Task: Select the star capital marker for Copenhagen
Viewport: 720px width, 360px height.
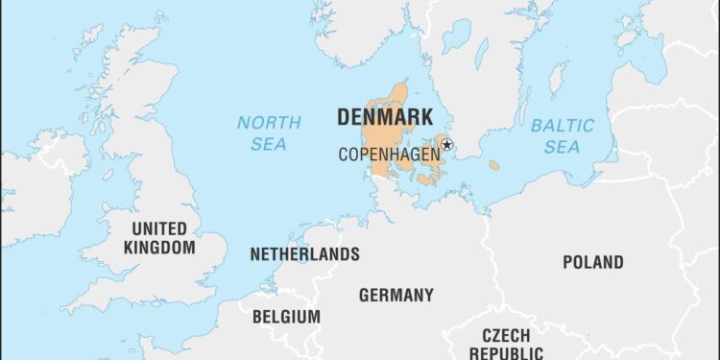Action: pos(446,145)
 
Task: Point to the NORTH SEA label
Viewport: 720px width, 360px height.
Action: pos(270,133)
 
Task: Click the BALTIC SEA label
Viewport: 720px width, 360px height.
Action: pos(563,136)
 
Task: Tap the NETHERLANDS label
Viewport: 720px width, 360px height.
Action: pos(304,254)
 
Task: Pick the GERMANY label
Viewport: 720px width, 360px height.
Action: pos(396,295)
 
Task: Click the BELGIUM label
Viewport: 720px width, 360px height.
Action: pos(286,316)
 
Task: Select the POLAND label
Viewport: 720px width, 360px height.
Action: pos(592,261)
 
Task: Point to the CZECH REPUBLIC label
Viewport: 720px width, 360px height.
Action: pos(506,344)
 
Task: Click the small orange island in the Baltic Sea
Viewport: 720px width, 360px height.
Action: pos(494,165)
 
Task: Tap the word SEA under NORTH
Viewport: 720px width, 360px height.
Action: pos(270,145)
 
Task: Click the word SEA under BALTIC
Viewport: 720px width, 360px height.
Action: pos(563,148)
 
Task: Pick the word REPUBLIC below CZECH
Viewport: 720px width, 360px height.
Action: pos(506,353)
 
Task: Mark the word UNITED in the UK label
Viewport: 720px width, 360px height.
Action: pos(159,228)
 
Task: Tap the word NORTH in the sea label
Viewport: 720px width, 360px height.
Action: pos(270,123)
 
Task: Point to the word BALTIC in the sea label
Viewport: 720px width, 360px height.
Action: pos(563,125)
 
